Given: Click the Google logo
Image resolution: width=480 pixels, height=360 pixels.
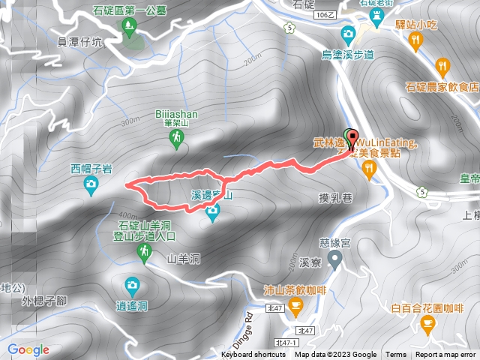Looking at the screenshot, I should point(28,349).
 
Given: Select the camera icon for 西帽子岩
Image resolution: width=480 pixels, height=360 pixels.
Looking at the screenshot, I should point(91,184).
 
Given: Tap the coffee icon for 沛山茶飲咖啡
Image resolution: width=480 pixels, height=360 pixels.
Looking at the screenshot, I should point(295,304).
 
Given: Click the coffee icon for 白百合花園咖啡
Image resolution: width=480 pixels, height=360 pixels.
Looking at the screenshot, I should point(427,325).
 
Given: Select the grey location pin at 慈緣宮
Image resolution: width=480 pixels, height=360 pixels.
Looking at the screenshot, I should point(335,259).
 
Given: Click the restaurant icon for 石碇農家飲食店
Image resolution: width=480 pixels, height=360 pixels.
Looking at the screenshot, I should point(444,66).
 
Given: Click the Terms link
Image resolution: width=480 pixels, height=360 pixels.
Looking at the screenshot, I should point(396,355).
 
